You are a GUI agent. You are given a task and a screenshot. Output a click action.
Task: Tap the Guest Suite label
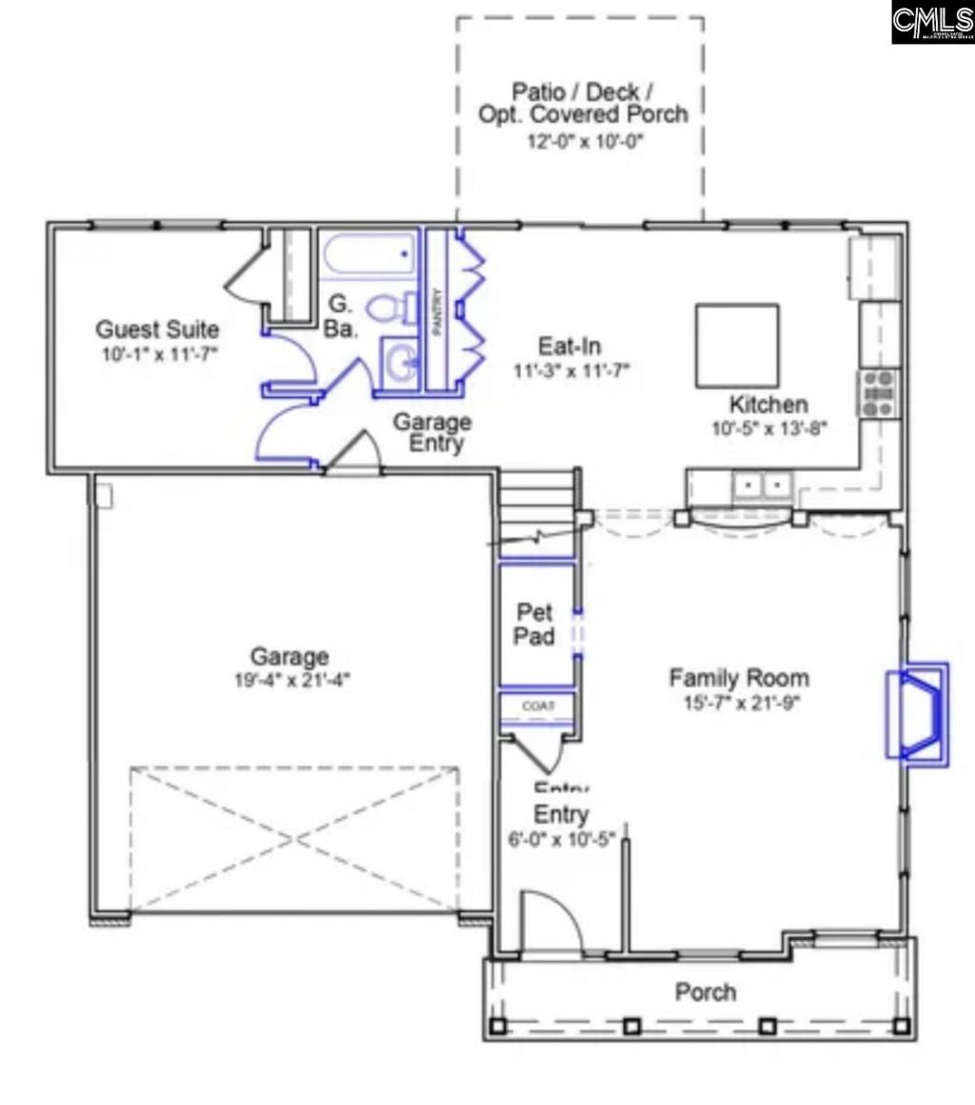coord(157,331)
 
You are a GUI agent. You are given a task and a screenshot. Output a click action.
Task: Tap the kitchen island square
coord(737,345)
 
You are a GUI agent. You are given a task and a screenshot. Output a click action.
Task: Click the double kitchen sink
coord(763,487)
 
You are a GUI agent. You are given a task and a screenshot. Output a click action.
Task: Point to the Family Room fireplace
coord(917,710)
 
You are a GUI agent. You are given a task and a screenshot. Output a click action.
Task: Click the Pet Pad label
coord(534,623)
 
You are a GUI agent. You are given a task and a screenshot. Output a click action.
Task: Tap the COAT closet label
coord(534,706)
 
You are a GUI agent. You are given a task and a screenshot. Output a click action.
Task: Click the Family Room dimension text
coord(739,703)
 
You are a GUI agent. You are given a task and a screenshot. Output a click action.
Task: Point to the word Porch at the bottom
coord(706,992)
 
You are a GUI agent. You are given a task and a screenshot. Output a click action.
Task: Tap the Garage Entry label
coord(432,432)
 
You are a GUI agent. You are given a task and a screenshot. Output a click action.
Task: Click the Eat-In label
coord(569,347)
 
